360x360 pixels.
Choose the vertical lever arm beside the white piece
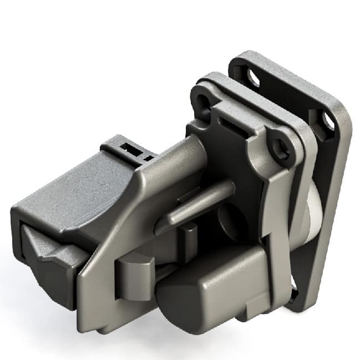click(281, 222)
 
